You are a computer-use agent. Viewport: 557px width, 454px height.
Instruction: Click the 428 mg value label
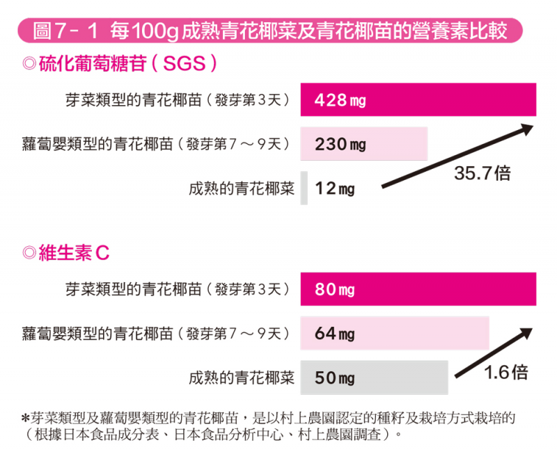(340, 101)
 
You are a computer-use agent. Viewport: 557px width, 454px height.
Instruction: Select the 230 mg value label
(340, 145)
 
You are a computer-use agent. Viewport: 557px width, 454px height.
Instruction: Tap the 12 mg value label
(334, 188)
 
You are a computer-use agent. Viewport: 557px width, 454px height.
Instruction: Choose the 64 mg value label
(335, 334)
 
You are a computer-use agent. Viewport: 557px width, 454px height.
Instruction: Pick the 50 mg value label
(335, 378)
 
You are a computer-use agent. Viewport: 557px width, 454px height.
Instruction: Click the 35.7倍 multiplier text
(482, 173)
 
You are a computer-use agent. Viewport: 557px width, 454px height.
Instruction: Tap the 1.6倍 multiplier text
(506, 373)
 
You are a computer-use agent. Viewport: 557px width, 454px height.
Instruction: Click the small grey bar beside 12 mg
(304, 188)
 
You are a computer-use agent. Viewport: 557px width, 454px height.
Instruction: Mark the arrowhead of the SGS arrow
(528, 128)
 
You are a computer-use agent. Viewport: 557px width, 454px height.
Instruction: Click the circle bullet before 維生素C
(29, 253)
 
